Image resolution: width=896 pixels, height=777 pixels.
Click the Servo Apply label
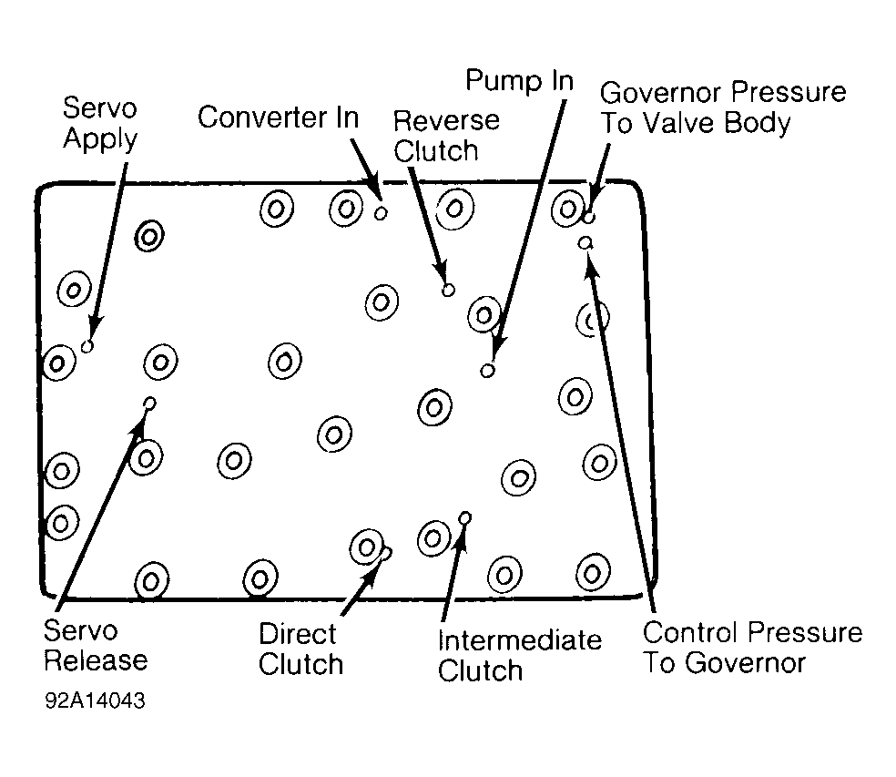[x=100, y=124]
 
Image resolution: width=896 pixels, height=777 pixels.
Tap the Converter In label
[x=279, y=118]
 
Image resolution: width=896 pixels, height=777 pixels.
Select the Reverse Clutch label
[x=446, y=136]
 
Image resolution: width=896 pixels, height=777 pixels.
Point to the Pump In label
[x=519, y=81]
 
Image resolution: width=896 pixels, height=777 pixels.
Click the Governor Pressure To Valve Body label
[x=723, y=108]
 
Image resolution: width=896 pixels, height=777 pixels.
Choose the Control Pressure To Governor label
[x=752, y=648]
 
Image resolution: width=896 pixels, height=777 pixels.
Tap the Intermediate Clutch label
[x=519, y=655]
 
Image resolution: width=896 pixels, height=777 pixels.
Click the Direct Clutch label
[x=300, y=649]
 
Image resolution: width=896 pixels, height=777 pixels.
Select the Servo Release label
[x=96, y=646]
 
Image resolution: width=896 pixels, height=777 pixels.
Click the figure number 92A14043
[x=95, y=700]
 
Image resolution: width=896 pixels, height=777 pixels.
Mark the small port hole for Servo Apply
[x=87, y=346]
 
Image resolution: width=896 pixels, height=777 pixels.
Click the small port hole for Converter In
[x=381, y=213]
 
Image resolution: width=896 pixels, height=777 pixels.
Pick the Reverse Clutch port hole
[x=449, y=290]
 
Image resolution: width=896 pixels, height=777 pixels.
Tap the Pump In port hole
[x=487, y=371]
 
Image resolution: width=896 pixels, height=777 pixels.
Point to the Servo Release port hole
[x=150, y=404]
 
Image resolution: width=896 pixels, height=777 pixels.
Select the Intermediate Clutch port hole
[x=465, y=518]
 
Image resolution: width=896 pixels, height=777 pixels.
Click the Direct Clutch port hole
[x=386, y=554]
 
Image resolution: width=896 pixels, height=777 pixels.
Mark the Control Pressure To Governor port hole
[x=585, y=243]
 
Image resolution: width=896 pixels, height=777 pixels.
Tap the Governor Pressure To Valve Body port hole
[x=588, y=218]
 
